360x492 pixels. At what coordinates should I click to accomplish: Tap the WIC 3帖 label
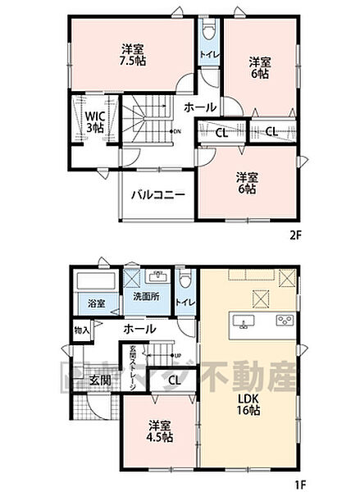(x=92, y=122)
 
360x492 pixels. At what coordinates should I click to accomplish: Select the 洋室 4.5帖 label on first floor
(x=160, y=431)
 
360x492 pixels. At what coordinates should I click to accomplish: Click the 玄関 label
(x=100, y=380)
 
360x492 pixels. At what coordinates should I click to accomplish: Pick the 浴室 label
(x=96, y=303)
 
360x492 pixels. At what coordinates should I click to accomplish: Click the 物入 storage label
(x=81, y=330)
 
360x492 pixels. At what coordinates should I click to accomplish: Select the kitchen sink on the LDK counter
(x=244, y=319)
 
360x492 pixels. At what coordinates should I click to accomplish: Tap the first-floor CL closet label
(x=174, y=380)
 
